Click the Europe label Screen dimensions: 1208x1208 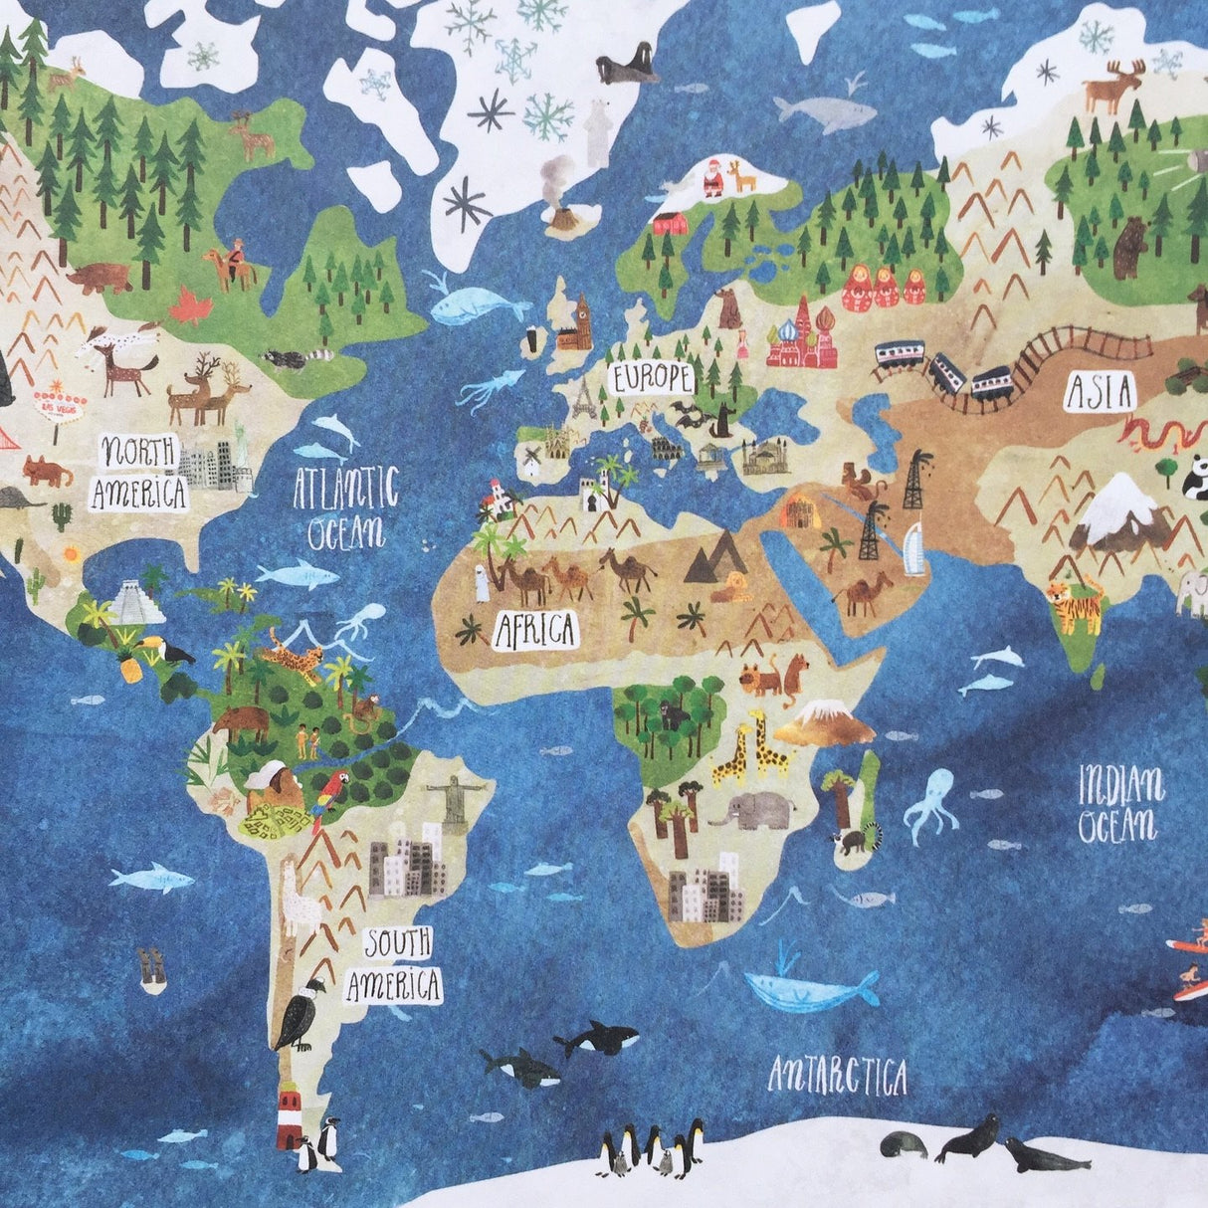[651, 377]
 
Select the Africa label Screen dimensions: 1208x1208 [535, 629]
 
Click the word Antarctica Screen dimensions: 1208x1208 [839, 1074]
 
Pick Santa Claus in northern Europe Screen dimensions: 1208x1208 [712, 180]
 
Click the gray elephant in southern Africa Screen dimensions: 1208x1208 [756, 810]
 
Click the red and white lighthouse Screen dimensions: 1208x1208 [290, 1114]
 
